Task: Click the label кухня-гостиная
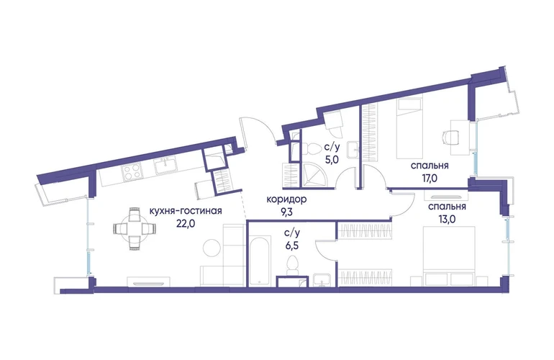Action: pos(186,211)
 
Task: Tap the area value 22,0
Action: pos(186,224)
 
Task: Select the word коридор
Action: pos(286,199)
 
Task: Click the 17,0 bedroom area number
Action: pos(430,178)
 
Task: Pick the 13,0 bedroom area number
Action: pos(447,219)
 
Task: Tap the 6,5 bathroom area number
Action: pos(292,245)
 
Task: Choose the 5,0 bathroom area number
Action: pos(332,160)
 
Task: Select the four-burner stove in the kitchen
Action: pos(132,172)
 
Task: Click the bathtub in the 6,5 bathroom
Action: pos(260,261)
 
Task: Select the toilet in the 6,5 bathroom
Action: pos(292,265)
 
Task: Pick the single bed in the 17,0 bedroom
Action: pos(410,128)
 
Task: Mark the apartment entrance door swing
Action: pos(257,129)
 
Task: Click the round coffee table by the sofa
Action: pos(212,248)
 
